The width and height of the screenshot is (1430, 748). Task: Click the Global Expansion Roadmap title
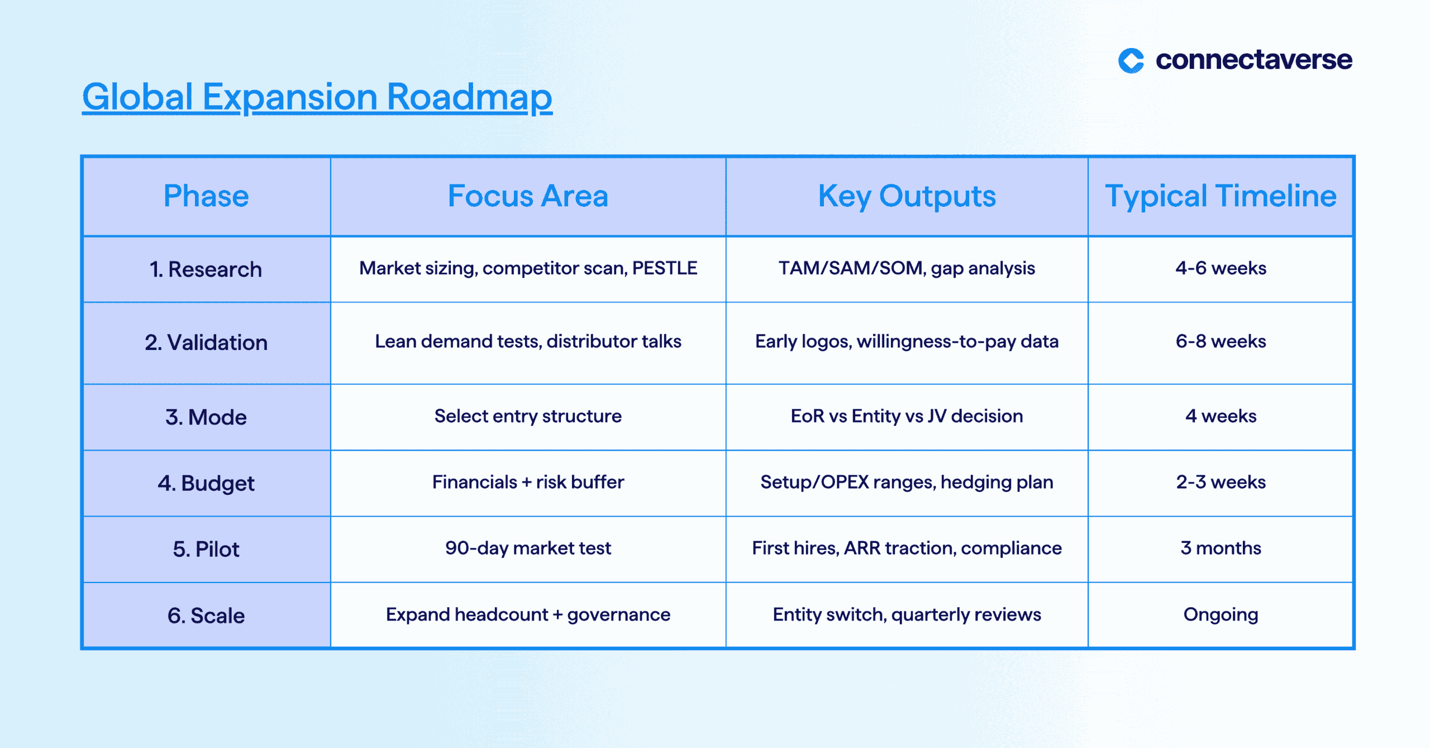[x=317, y=97]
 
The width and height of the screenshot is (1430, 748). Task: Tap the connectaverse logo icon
[x=1131, y=60]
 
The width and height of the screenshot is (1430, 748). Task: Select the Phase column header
[x=206, y=196]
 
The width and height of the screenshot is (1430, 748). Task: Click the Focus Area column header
[x=528, y=196]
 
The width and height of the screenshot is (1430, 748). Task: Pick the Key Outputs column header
[x=907, y=197]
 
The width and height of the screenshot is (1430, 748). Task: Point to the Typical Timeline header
[x=1221, y=197]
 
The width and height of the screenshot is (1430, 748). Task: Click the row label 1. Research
[x=206, y=269]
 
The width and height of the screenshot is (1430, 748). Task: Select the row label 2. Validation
[x=206, y=342]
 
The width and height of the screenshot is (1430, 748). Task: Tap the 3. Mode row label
[x=206, y=417]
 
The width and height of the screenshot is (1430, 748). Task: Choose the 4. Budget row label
[x=206, y=484]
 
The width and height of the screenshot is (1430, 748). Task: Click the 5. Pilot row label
[x=206, y=549]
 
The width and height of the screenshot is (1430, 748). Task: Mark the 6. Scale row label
[x=206, y=616]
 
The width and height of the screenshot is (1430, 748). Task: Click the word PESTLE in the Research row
[x=665, y=268]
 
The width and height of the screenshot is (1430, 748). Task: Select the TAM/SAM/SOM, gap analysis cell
[x=907, y=269]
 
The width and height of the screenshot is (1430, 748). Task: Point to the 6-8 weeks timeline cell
[x=1221, y=341]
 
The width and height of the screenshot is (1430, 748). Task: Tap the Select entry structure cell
[x=528, y=416]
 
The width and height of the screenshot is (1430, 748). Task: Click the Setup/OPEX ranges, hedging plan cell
[x=907, y=482]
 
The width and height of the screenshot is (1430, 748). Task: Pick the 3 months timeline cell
[x=1221, y=548]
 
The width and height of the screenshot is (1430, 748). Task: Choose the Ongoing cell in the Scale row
[x=1221, y=615]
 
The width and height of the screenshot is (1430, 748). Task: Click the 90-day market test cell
[x=528, y=548]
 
